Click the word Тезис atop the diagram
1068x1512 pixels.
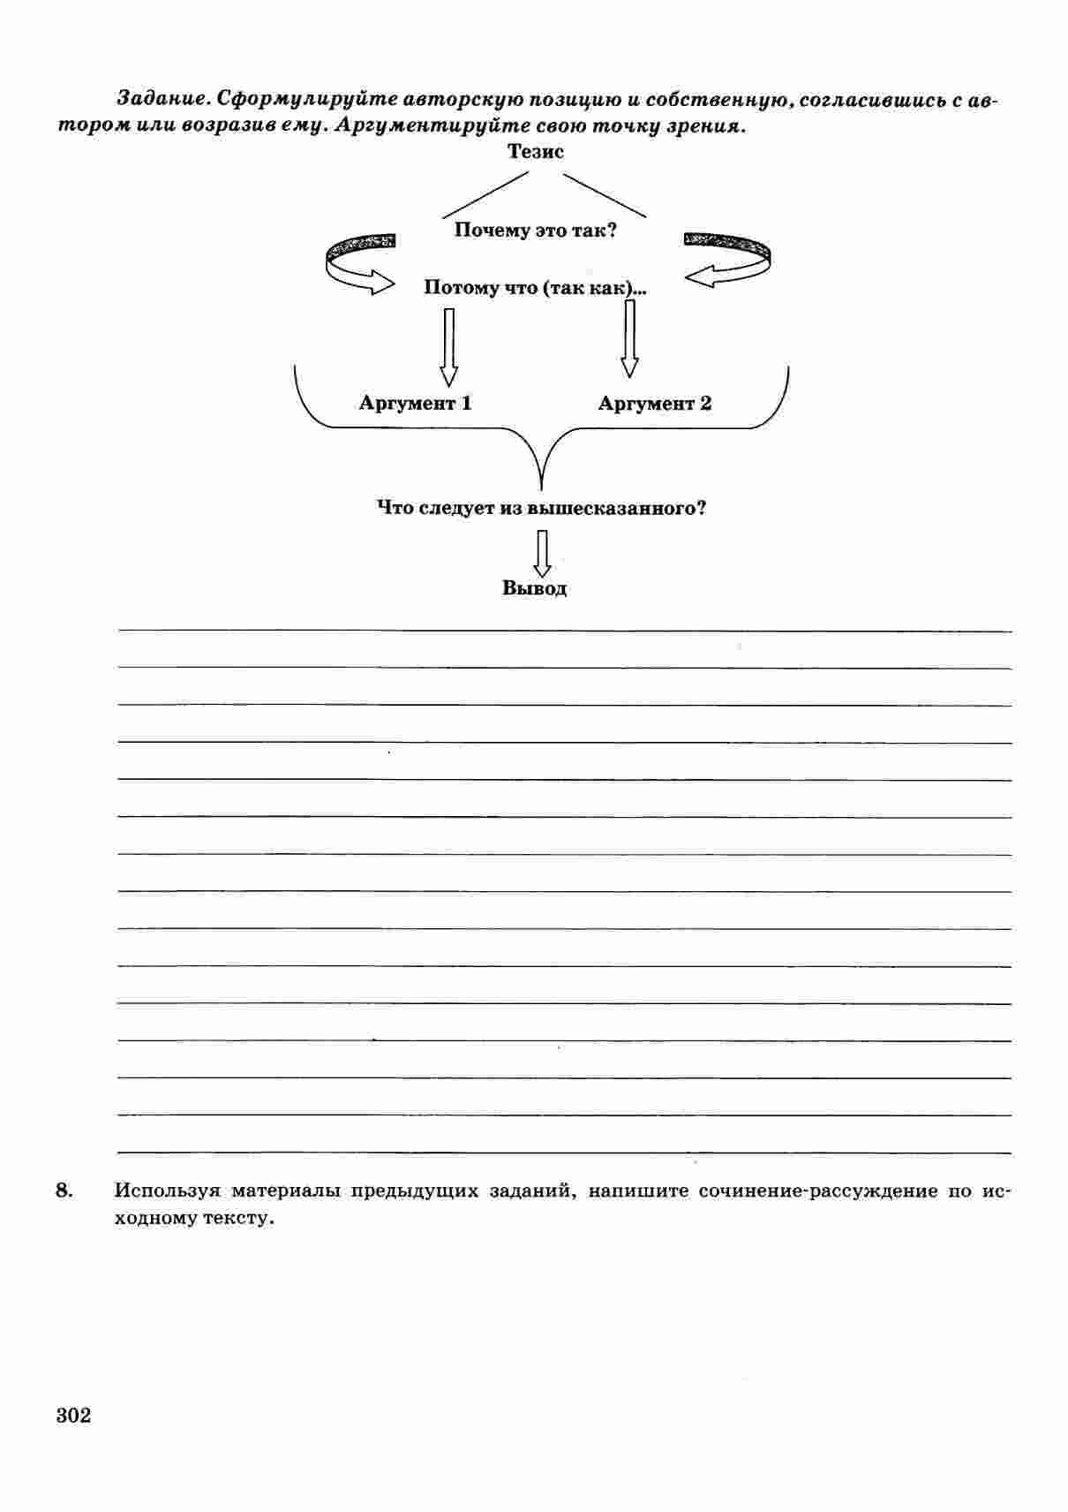[x=535, y=151]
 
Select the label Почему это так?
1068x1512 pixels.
[x=535, y=231]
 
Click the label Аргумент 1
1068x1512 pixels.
[x=415, y=404]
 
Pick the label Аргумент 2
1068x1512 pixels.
[x=654, y=404]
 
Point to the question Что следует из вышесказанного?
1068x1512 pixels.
[x=541, y=509]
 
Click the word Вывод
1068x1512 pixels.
[x=534, y=588]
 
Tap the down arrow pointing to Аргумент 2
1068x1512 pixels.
[x=629, y=339]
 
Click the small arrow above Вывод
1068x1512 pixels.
[x=542, y=552]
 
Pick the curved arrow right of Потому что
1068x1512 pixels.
[x=728, y=260]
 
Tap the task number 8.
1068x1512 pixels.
[x=64, y=1191]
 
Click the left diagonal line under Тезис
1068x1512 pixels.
[x=485, y=194]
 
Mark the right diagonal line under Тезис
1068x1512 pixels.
[x=605, y=194]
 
